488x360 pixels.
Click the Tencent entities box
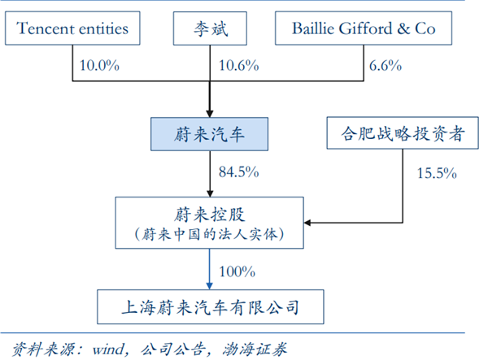pos(72,30)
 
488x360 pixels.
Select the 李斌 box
pos(210,30)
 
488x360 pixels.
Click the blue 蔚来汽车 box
pos(210,133)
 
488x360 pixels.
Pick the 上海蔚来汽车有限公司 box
pos(210,306)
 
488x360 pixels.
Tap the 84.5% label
pos(238,171)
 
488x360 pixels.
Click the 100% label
pos(237,271)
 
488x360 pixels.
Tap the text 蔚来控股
pos(210,214)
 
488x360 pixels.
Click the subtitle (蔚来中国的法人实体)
pos(210,234)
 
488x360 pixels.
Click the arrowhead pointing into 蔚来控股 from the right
pos(309,221)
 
